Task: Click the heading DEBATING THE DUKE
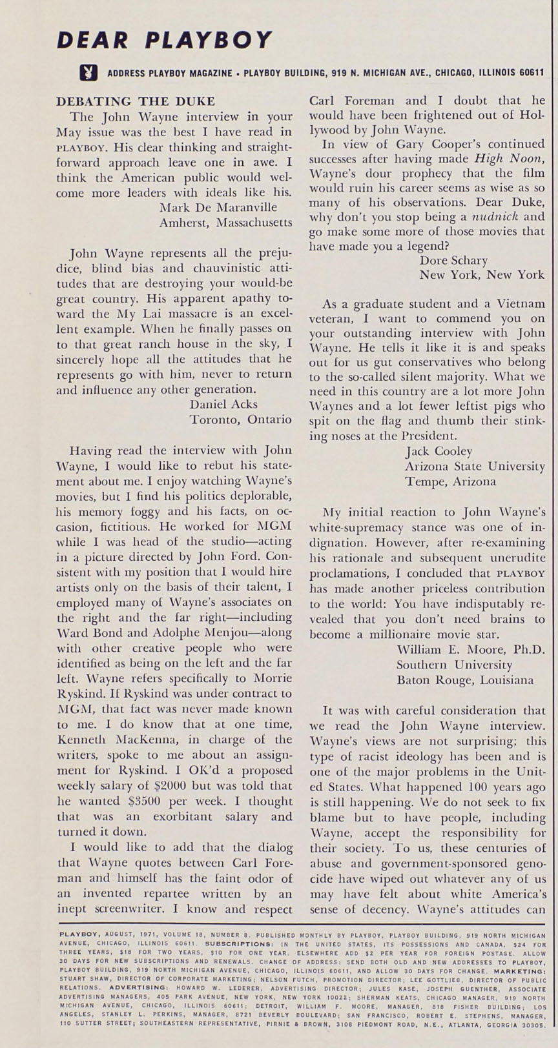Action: (136, 101)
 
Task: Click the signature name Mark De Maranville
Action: (217, 208)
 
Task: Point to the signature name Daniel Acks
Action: (223, 404)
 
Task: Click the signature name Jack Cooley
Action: (439, 451)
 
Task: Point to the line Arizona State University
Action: (475, 466)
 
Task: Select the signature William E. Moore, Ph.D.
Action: (471, 649)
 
